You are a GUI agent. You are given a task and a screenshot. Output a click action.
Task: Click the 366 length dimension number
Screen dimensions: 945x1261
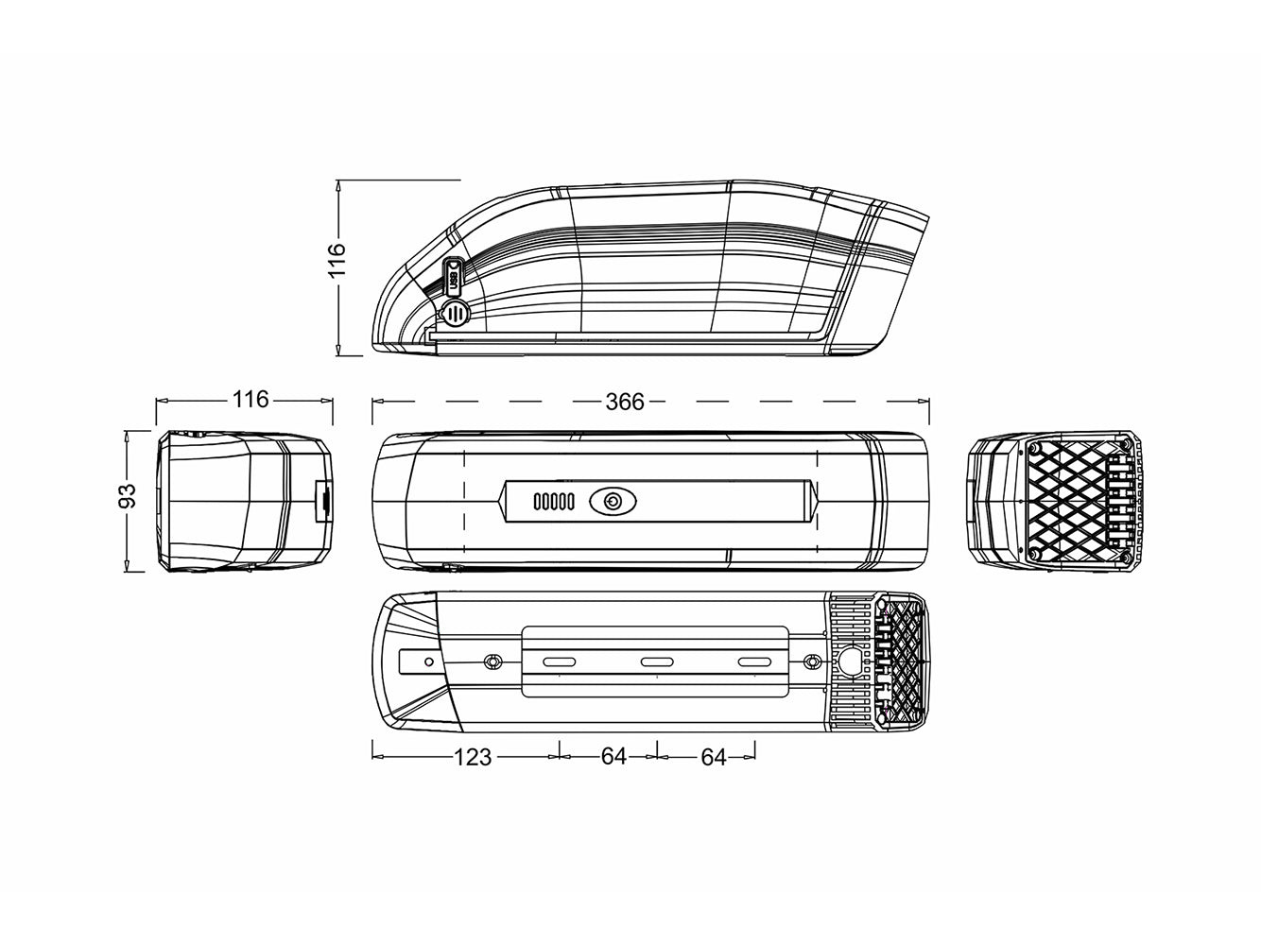coord(624,402)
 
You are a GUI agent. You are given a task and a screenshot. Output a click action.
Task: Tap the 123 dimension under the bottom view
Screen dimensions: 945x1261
coord(473,756)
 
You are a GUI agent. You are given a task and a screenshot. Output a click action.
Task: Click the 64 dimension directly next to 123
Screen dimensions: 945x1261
coord(613,756)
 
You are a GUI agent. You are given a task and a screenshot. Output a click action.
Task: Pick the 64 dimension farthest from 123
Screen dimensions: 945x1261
coord(713,756)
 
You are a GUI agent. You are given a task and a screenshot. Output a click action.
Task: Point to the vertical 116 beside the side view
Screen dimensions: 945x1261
coord(337,260)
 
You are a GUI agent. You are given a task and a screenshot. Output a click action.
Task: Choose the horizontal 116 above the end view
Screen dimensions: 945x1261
coord(250,400)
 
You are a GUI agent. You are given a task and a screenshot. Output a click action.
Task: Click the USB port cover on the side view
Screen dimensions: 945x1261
coord(454,276)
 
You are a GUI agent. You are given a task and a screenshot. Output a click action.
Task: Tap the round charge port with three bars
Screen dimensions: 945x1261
coord(456,312)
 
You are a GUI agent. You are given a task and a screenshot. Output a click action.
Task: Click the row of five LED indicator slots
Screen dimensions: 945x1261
coord(553,502)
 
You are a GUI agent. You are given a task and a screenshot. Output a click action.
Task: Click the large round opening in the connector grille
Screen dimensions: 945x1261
coord(855,661)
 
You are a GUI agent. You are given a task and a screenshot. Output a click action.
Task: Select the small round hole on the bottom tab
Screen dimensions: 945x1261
coord(430,662)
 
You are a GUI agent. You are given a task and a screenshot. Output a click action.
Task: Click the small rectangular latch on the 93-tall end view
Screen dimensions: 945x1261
coord(321,500)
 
